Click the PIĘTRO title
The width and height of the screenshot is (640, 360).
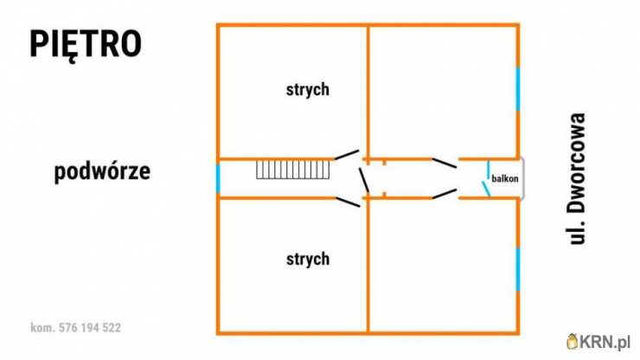point(86,45)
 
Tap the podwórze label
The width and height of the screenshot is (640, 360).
point(102,171)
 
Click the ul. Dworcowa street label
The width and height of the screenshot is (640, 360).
point(577,178)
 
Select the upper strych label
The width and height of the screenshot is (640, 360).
point(308,89)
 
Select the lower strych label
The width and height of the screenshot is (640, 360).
point(308,259)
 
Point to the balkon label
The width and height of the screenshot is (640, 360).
point(505,178)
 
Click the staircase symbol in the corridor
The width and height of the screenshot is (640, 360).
point(292,170)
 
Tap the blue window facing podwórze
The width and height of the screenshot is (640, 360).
point(218,178)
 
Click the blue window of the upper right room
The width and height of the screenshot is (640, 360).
point(518,89)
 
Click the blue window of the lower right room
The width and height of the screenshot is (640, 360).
point(518,269)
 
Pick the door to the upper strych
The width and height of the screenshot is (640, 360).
point(347,154)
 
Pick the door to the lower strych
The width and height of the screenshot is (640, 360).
point(348,202)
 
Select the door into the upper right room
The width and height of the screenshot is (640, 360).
point(444,163)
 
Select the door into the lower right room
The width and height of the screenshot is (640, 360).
point(444,194)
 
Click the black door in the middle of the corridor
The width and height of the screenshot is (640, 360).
point(364,180)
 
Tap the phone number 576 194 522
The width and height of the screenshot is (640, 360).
point(90,328)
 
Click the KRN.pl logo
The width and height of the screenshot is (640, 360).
point(598,342)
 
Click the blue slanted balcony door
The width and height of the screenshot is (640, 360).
point(486,190)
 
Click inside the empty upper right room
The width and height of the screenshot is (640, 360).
point(443,92)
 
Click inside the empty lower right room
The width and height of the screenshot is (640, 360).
point(443,266)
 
